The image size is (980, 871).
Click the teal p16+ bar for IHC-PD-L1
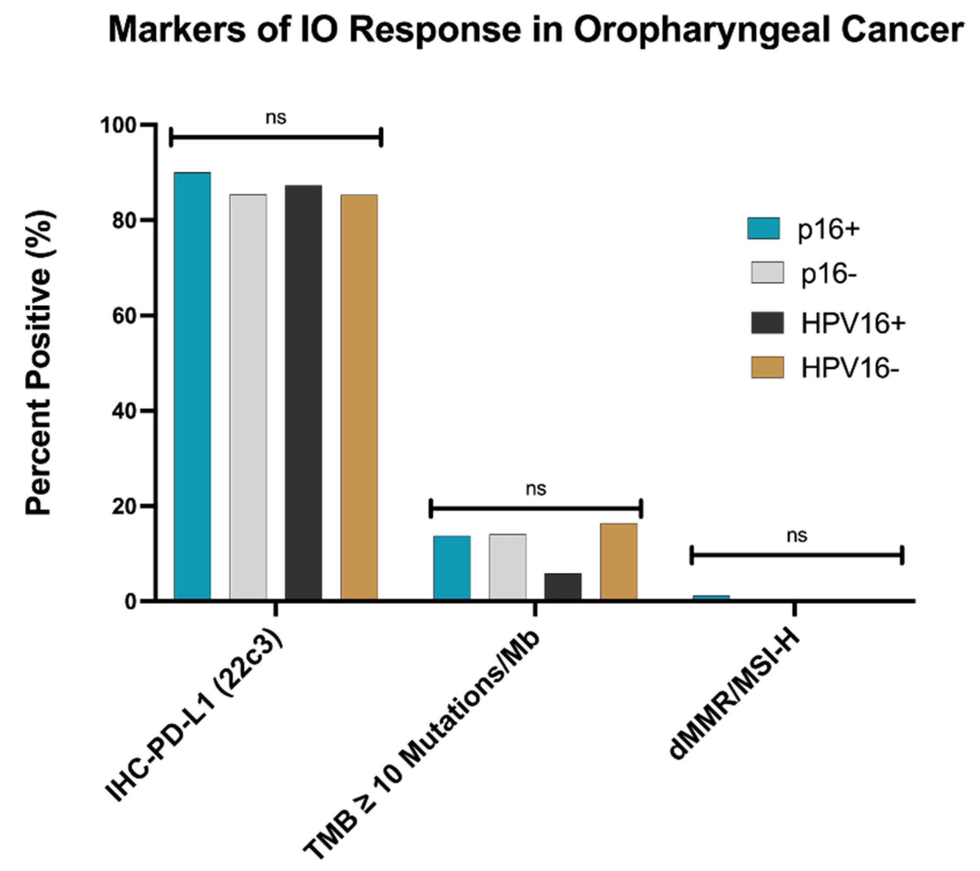click(x=192, y=386)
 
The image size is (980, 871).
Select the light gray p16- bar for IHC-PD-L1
click(x=248, y=397)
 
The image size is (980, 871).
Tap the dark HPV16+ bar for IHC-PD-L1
click(x=303, y=392)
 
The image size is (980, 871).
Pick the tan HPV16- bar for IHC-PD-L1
click(x=359, y=397)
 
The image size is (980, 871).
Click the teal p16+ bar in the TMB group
click(x=452, y=568)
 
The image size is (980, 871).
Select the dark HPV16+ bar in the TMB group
click(x=563, y=586)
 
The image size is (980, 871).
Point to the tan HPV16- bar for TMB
click(x=618, y=561)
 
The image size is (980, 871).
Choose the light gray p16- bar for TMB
click(x=507, y=567)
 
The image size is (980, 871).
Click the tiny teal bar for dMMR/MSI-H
click(x=711, y=597)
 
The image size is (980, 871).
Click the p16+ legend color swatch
click(x=764, y=228)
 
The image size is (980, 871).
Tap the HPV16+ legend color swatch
click(x=767, y=322)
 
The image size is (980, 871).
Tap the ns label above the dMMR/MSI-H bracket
click(x=797, y=535)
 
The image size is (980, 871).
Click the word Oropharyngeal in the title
click(x=698, y=30)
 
